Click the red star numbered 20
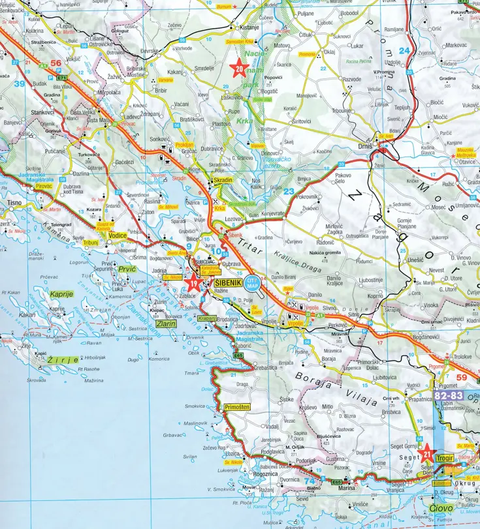click(239, 68)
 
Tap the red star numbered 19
click(193, 284)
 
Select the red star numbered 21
click(427, 453)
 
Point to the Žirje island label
click(65, 359)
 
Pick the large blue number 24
click(405, 51)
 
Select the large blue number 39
click(20, 84)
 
